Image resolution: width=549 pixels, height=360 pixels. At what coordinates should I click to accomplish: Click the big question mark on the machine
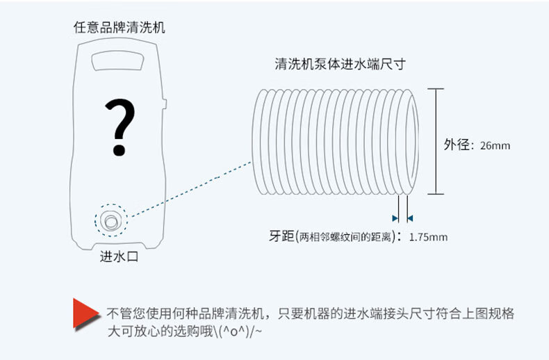120,127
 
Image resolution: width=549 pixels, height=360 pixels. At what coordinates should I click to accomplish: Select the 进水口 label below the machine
120,257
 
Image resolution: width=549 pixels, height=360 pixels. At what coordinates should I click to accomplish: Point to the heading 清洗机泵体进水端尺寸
339,65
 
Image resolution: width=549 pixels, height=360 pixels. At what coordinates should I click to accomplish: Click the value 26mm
495,146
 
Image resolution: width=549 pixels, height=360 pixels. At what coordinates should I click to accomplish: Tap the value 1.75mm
428,236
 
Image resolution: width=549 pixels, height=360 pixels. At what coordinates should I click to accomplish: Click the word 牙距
281,236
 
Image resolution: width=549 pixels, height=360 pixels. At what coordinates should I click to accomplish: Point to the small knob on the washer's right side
165,105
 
